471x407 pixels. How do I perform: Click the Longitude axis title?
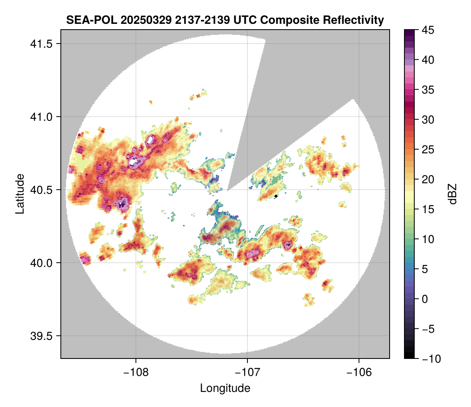coord(225,388)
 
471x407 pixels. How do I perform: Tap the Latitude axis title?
coord(19,194)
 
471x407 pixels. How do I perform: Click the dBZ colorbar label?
coord(453,194)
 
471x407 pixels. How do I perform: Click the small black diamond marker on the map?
coord(276,196)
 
